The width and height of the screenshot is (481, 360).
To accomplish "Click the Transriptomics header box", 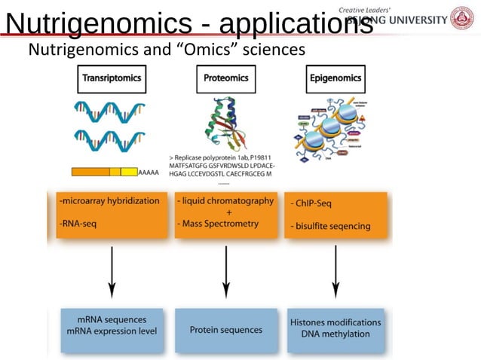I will (x=111, y=77).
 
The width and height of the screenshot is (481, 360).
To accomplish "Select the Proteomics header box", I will (x=226, y=77).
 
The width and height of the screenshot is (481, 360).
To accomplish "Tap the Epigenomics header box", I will (x=335, y=77).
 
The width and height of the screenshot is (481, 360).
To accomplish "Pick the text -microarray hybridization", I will (x=109, y=201).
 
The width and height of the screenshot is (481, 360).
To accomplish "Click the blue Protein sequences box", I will (x=226, y=330).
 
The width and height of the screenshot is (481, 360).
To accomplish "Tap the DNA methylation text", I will (x=335, y=334).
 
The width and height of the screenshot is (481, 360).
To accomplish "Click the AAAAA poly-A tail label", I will (x=150, y=172).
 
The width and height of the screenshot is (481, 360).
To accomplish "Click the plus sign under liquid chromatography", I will (x=229, y=212).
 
